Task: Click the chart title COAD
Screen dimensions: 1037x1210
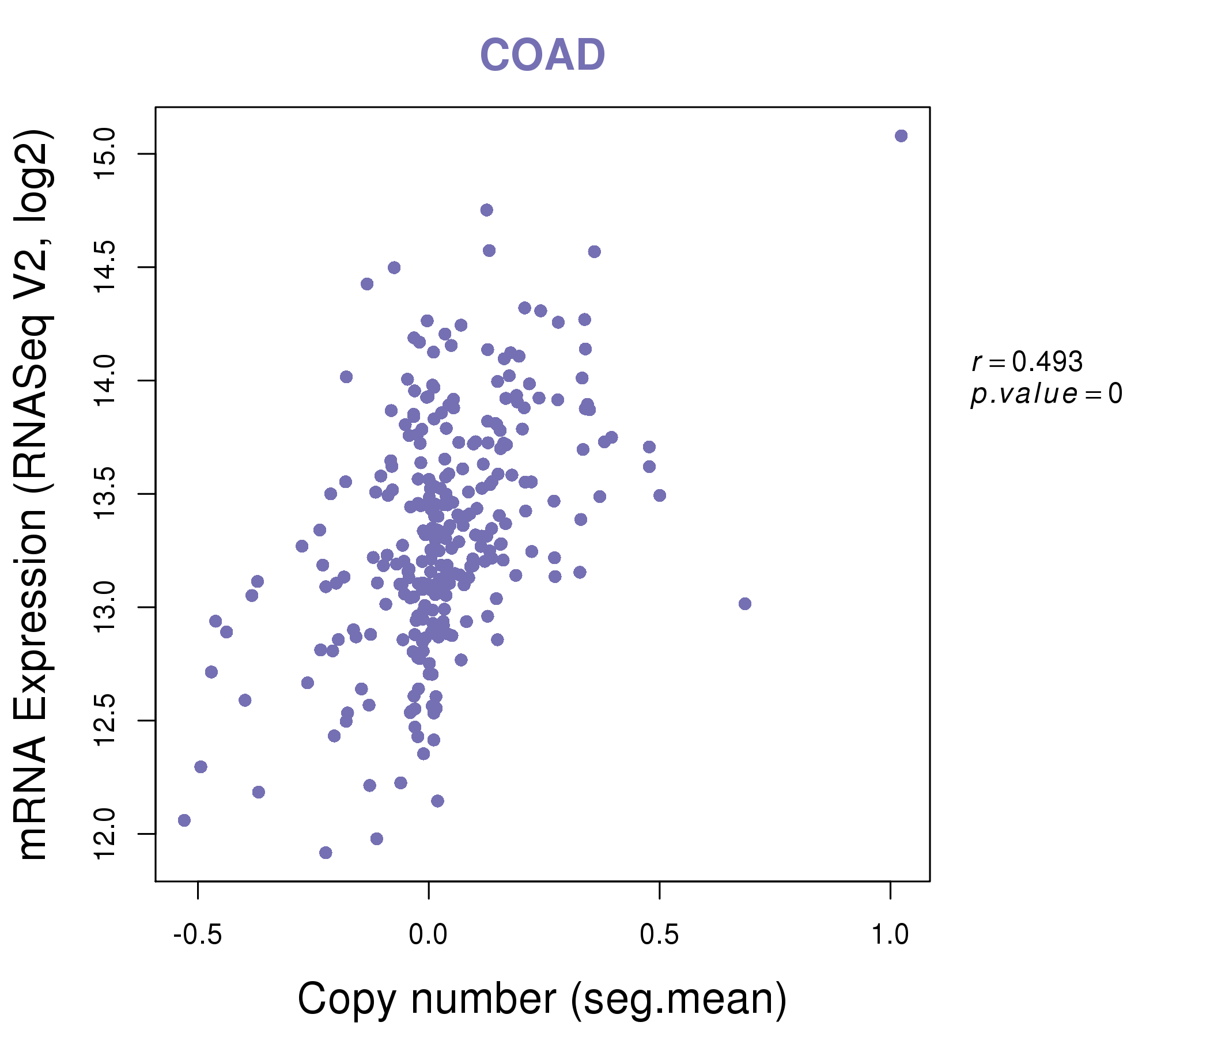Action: (x=542, y=55)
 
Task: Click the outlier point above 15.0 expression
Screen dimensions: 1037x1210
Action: (x=901, y=136)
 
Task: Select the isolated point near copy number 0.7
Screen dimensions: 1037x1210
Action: (x=744, y=604)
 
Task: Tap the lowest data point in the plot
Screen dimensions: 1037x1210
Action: (x=326, y=853)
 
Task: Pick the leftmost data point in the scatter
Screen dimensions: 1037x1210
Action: (x=184, y=820)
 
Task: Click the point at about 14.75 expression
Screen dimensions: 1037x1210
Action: (x=486, y=210)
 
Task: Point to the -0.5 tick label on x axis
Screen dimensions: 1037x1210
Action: (x=198, y=935)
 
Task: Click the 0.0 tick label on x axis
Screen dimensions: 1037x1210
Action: (x=428, y=935)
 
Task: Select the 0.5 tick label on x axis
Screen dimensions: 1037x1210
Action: (x=659, y=935)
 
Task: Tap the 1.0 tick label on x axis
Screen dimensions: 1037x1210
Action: (x=890, y=935)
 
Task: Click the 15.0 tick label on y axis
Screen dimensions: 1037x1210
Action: (x=105, y=154)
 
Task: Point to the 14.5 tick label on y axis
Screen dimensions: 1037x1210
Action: (x=105, y=267)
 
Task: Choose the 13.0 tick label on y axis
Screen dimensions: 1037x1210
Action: (x=105, y=607)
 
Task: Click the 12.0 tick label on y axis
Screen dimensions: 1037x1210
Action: (x=105, y=834)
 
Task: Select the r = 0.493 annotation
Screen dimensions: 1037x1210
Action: (x=1027, y=362)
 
